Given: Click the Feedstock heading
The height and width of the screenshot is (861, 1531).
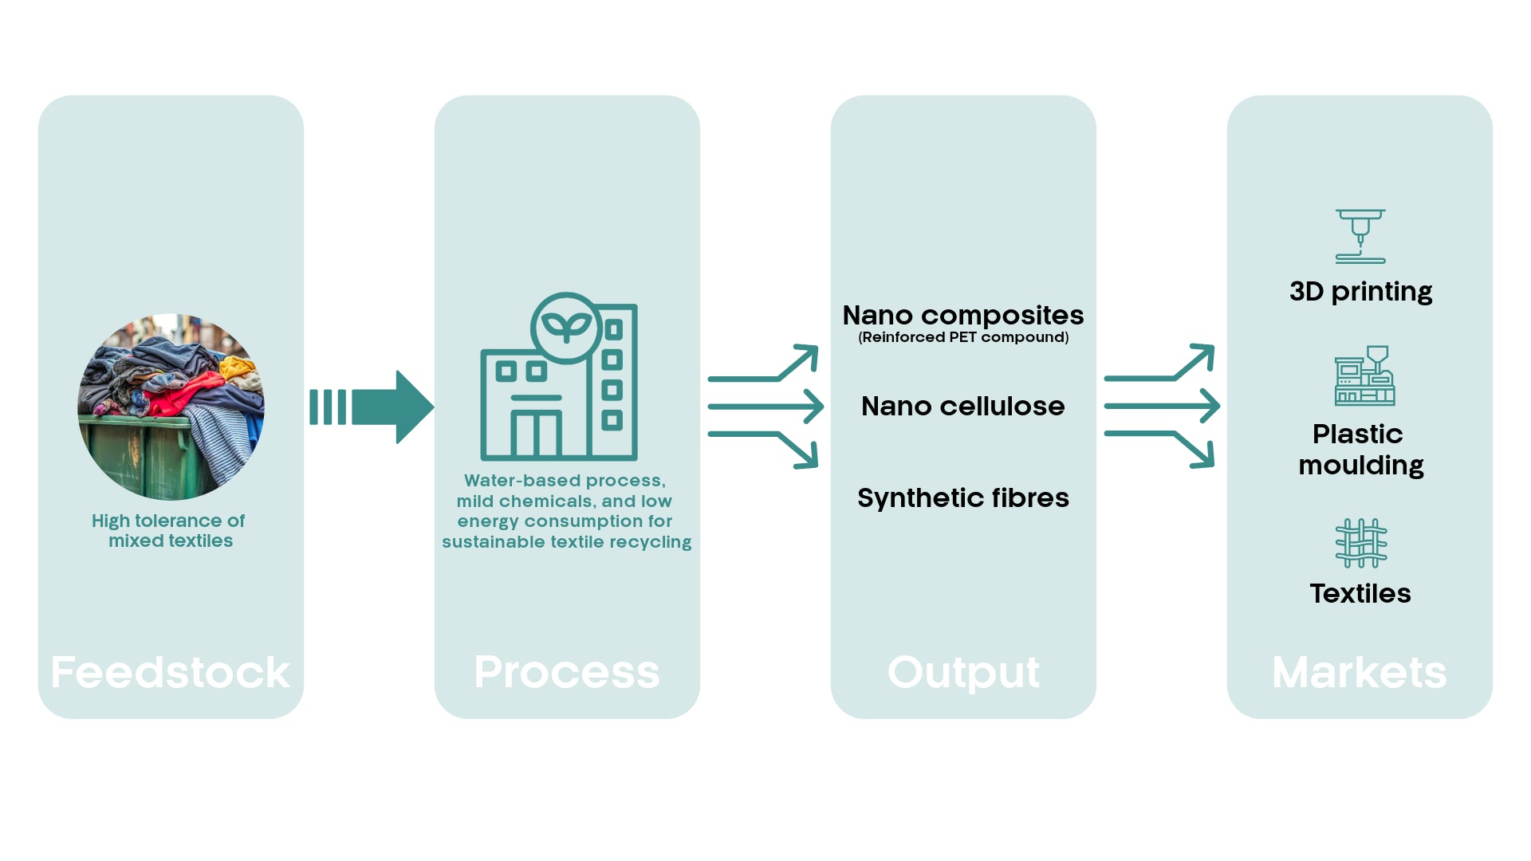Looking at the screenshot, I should pos(171,672).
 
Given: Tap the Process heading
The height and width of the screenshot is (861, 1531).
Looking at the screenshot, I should pos(567,672).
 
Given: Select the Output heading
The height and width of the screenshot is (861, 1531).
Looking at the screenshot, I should pos(963,672).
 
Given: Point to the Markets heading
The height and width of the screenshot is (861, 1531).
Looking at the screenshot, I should pos(1360,672).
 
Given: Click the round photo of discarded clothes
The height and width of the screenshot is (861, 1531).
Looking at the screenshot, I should pos(171,407).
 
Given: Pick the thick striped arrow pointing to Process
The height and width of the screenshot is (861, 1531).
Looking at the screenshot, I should pos(372,407).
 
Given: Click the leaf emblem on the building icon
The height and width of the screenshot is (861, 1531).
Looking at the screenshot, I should pos(566,327).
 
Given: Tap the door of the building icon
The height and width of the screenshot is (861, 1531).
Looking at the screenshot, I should pos(536,434).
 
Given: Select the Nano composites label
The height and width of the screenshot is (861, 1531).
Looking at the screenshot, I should pos(963,315).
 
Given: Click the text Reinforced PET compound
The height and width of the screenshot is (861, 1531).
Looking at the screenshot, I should pos(963,337).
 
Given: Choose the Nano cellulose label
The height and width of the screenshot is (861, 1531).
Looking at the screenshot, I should pos(963,407).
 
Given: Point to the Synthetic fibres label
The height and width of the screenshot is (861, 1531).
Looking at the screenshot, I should pos(963,498).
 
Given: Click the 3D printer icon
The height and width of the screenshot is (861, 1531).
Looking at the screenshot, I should pos(1360,236).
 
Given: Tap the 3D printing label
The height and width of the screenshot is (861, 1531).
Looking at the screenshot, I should pos(1360,292).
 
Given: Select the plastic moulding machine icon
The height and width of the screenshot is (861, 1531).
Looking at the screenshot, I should pos(1364,375).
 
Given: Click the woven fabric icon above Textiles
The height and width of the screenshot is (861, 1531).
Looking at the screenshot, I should pos(1361,543).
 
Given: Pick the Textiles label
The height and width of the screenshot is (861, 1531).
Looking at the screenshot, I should pos(1360,594).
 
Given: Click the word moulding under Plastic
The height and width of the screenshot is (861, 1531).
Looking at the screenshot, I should pos(1361,466).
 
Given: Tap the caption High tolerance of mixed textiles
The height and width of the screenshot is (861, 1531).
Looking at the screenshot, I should pos(169,531).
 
